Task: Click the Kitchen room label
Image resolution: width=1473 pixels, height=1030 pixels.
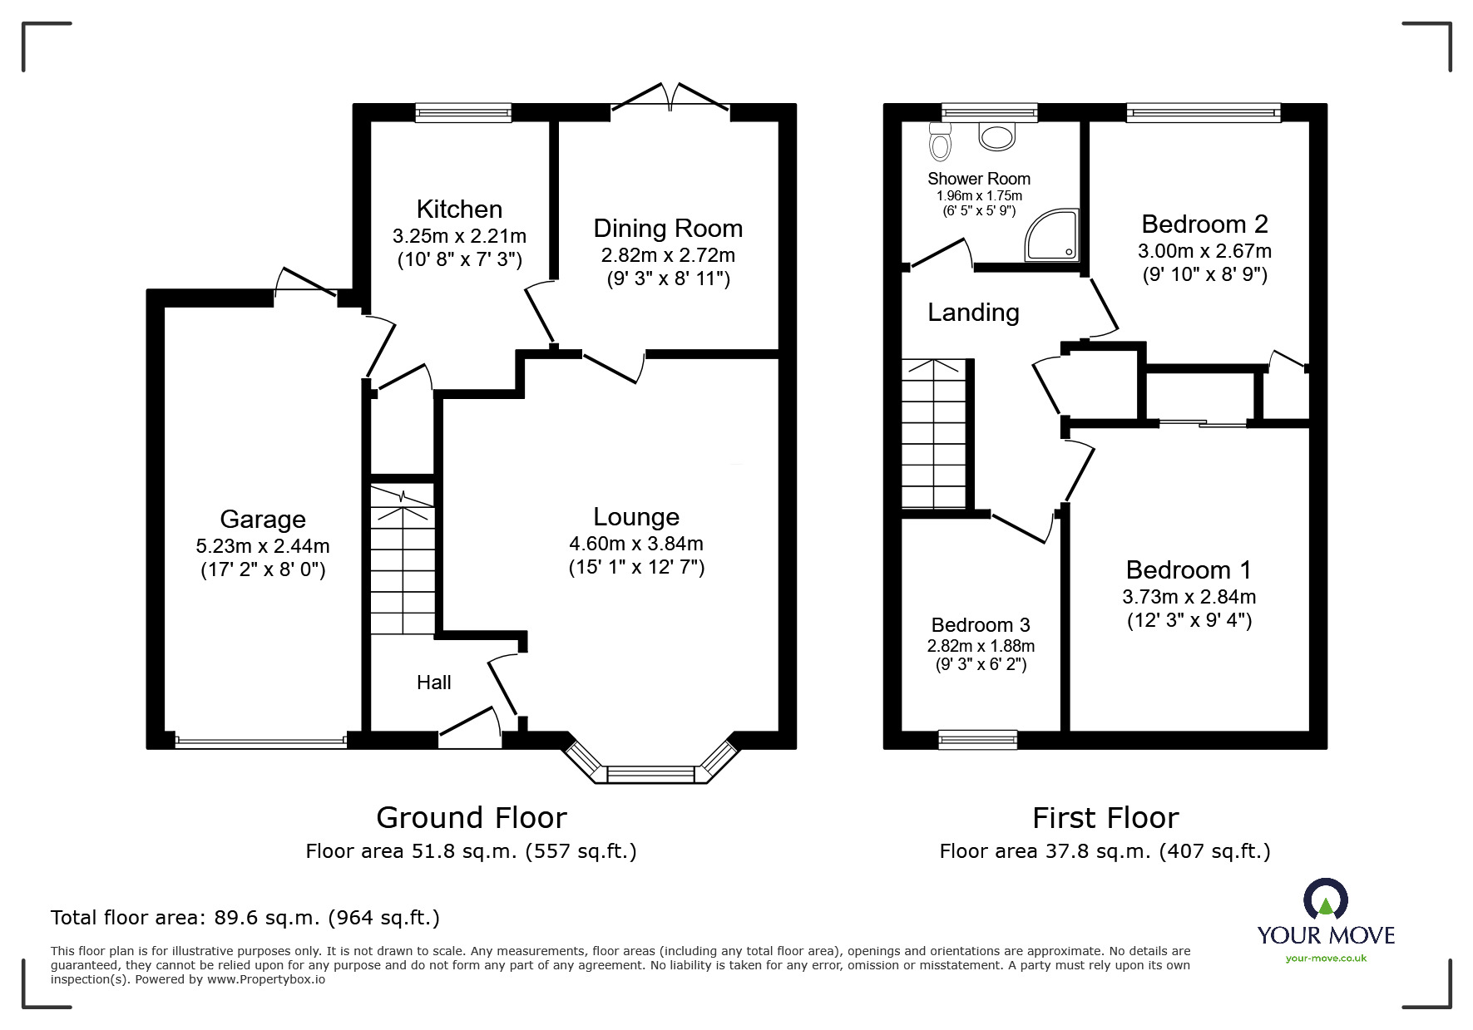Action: pos(459,209)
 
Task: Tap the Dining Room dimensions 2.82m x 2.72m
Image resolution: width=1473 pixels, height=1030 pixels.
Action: pos(668,255)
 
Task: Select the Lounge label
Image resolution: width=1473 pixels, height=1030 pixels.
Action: pos(636,517)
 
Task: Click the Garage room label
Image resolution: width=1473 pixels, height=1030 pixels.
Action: pos(263,520)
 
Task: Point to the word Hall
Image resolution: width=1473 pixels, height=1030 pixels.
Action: pos(433,683)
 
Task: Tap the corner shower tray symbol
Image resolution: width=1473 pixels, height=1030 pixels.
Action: pos(1054,236)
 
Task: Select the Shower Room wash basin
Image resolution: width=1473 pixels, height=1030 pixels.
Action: pos(996,136)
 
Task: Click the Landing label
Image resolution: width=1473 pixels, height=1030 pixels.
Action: pos(973,313)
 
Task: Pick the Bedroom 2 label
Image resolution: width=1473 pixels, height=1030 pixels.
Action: pos(1204,224)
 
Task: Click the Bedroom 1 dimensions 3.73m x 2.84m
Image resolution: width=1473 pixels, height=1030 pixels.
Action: pos(1189,597)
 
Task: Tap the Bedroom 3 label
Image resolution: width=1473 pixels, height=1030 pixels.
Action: pos(981,625)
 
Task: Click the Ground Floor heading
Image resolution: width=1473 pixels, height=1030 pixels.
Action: pos(472,818)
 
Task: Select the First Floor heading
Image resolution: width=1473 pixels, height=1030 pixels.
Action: pos(1105,818)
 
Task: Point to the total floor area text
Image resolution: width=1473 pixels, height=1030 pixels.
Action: pos(245,918)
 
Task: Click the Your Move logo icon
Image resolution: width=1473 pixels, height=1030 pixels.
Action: pos(1325,901)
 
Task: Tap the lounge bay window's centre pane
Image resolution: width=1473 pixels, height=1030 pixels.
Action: pos(650,775)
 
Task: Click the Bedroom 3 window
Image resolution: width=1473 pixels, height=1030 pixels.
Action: pos(977,739)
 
